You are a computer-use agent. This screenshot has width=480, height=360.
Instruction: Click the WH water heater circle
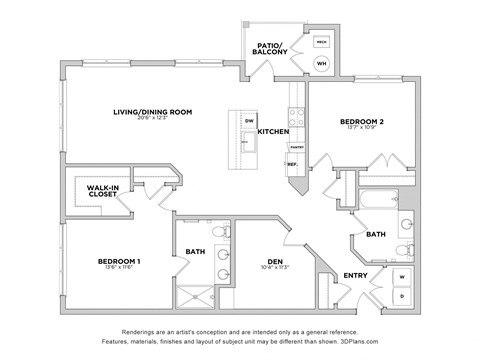(322, 64)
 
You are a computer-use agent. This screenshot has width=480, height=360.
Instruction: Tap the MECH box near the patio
(322, 42)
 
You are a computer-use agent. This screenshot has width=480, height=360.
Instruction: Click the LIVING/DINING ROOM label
(152, 112)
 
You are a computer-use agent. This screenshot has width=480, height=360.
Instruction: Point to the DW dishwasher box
(249, 121)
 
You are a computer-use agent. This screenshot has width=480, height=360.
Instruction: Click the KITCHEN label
(274, 132)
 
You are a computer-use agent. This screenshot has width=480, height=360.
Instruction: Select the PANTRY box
(296, 146)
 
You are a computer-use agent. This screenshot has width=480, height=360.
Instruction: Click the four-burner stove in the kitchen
(294, 97)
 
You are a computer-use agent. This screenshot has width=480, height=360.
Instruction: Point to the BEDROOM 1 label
(119, 261)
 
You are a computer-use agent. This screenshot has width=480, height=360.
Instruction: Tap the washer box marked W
(402, 275)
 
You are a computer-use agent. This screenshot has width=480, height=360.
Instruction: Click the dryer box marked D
(402, 296)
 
